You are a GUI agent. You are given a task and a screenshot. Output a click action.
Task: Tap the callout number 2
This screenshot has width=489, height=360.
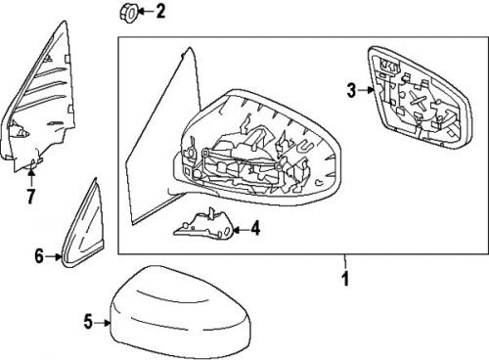pos(161,13)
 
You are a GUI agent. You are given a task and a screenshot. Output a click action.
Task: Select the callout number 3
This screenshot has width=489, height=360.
pos(350,91)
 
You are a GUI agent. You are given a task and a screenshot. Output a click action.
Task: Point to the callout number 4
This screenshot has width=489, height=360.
pos(255,231)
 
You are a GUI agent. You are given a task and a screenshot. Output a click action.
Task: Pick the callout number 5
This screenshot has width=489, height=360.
pos(86,319)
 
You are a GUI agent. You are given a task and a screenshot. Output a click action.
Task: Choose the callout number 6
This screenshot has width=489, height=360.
pos(40,257)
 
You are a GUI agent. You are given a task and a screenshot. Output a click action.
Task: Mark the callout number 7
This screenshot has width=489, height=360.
pos(30,198)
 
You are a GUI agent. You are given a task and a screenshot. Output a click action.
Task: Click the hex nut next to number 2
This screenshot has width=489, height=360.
pos(128,13)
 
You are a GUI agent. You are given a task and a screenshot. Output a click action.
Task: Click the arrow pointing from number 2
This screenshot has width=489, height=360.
pos(145,13)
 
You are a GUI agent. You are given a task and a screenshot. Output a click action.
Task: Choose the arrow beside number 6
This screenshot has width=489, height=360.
pos(55,257)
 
